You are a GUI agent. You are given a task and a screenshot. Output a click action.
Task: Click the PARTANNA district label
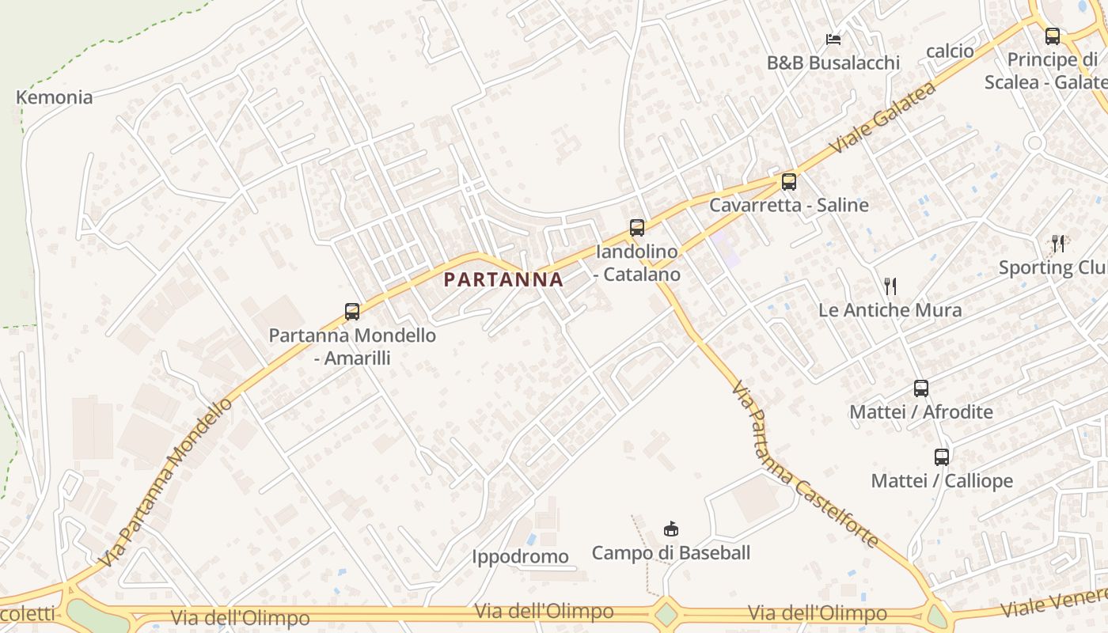click(503, 279)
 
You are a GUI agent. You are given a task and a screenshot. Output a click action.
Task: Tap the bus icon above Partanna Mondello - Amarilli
click(352, 312)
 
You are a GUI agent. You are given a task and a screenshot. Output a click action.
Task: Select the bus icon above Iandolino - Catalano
click(637, 228)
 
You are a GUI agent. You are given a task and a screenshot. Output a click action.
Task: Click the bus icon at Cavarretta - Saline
click(788, 182)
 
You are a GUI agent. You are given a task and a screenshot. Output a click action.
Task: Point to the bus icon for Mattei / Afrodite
click(920, 389)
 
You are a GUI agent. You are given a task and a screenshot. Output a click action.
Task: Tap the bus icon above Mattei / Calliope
click(941, 457)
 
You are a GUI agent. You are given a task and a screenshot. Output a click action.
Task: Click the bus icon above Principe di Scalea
click(1052, 36)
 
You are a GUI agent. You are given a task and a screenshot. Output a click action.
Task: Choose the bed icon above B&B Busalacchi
click(833, 39)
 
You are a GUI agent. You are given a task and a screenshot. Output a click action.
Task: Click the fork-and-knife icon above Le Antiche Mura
click(890, 286)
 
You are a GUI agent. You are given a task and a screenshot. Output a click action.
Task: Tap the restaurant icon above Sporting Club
click(1057, 243)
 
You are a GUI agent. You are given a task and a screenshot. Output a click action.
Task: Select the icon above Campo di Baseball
click(670, 529)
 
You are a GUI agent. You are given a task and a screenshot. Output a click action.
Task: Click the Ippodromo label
click(520, 556)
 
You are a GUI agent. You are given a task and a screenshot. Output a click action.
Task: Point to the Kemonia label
click(55, 97)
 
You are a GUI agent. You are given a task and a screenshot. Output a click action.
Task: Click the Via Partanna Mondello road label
click(168, 482)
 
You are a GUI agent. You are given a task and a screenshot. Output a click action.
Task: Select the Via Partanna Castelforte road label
click(803, 465)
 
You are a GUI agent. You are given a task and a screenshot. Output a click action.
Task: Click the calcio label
click(950, 51)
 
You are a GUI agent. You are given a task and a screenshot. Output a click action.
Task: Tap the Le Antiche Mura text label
click(890, 310)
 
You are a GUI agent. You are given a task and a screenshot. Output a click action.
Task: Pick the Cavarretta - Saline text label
click(788, 205)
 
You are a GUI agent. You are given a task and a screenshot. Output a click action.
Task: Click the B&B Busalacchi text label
click(833, 63)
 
